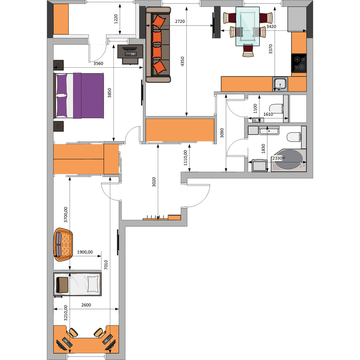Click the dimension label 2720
pyautogui.click(x=180, y=22)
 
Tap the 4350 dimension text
pyautogui.click(x=182, y=61)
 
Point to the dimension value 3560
pyautogui.click(x=98, y=63)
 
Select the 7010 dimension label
pyautogui.click(x=106, y=265)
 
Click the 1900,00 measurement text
pyautogui.click(x=85, y=252)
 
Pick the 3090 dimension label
pyautogui.click(x=222, y=133)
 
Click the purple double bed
pyautogui.click(x=79, y=95)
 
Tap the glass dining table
pyautogui.click(x=247, y=26)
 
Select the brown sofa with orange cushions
pyautogui.click(x=158, y=44)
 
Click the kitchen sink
pyautogui.click(x=280, y=84)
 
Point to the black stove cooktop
pyautogui.click(x=299, y=63)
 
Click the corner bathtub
pyautogui.click(x=289, y=160)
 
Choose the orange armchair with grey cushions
pyautogui.click(x=63, y=244)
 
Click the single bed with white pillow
pyautogui.click(x=77, y=284)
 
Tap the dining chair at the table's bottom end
pyautogui.click(x=248, y=50)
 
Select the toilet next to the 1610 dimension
pyautogui.click(x=276, y=109)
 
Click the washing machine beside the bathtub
pyautogui.click(x=260, y=165)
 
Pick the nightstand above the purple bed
pyautogui.click(x=58, y=65)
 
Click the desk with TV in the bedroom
pyautogui.click(x=130, y=55)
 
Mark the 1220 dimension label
pyautogui.click(x=116, y=19)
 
